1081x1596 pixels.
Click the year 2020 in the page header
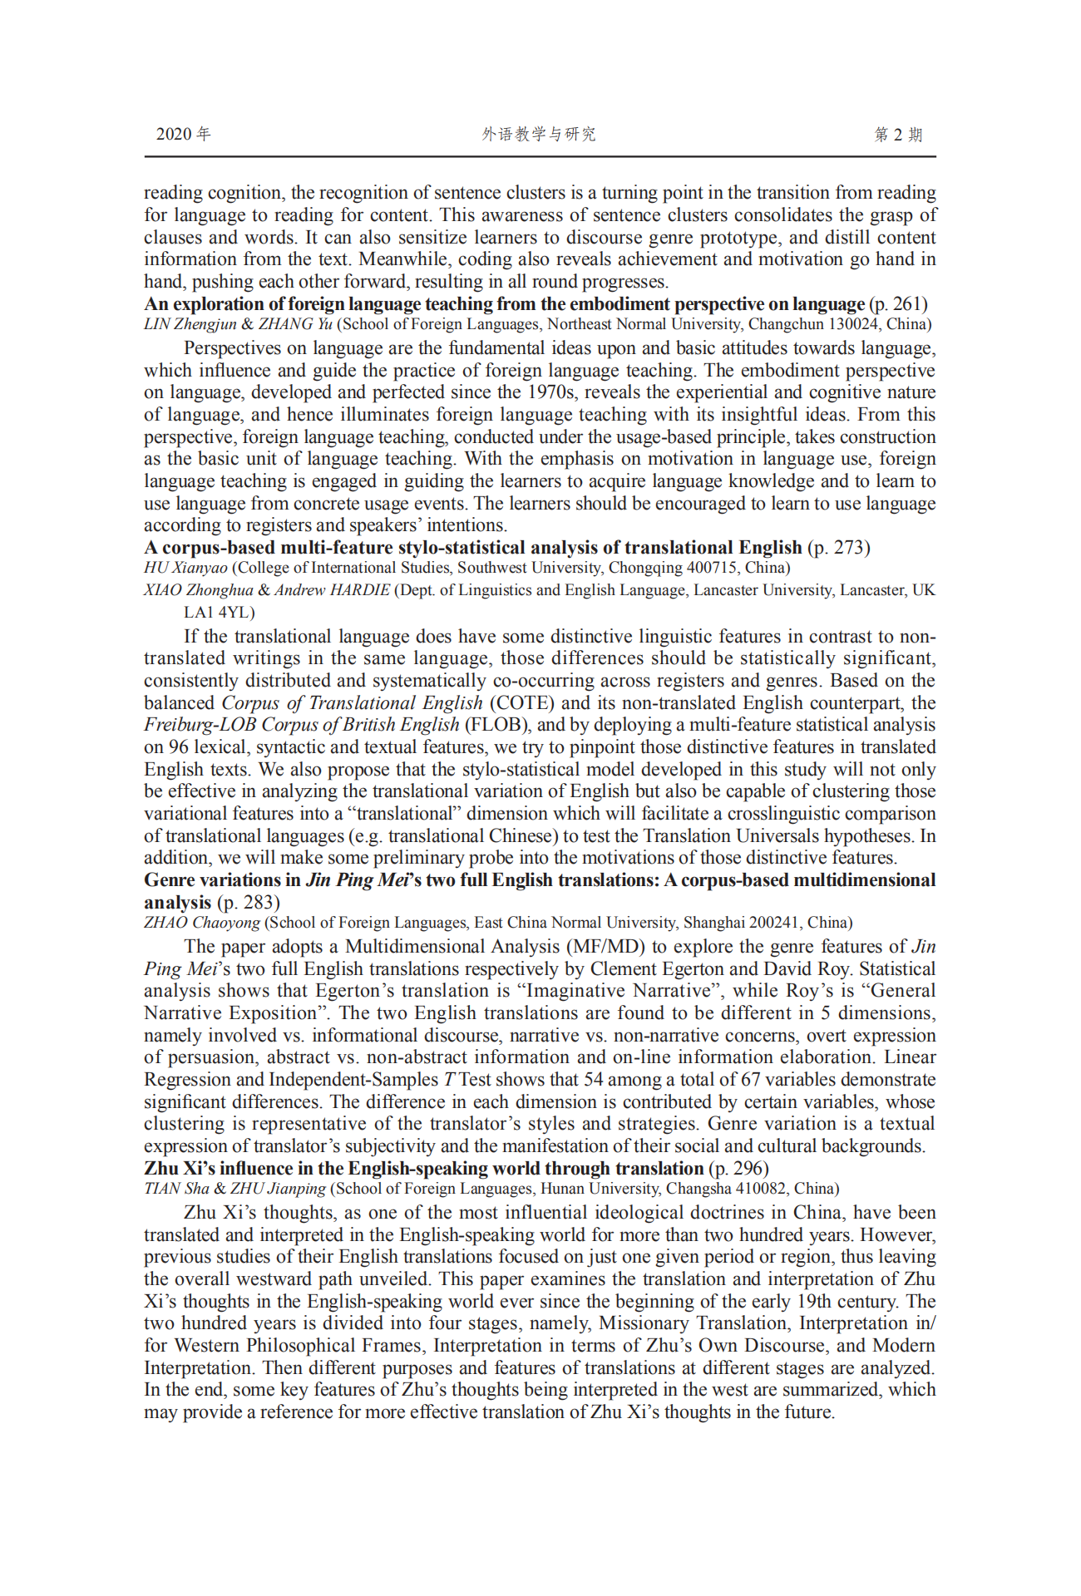(173, 135)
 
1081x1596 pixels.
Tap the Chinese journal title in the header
(539, 135)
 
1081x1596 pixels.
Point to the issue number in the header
(898, 135)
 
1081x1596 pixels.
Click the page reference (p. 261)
(898, 304)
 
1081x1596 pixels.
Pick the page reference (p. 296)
(738, 1169)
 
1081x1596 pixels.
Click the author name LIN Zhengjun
(190, 324)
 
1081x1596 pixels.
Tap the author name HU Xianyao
(185, 568)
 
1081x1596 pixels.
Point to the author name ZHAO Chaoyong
(202, 923)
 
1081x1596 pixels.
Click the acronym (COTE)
(521, 703)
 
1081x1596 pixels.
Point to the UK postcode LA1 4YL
(220, 613)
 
